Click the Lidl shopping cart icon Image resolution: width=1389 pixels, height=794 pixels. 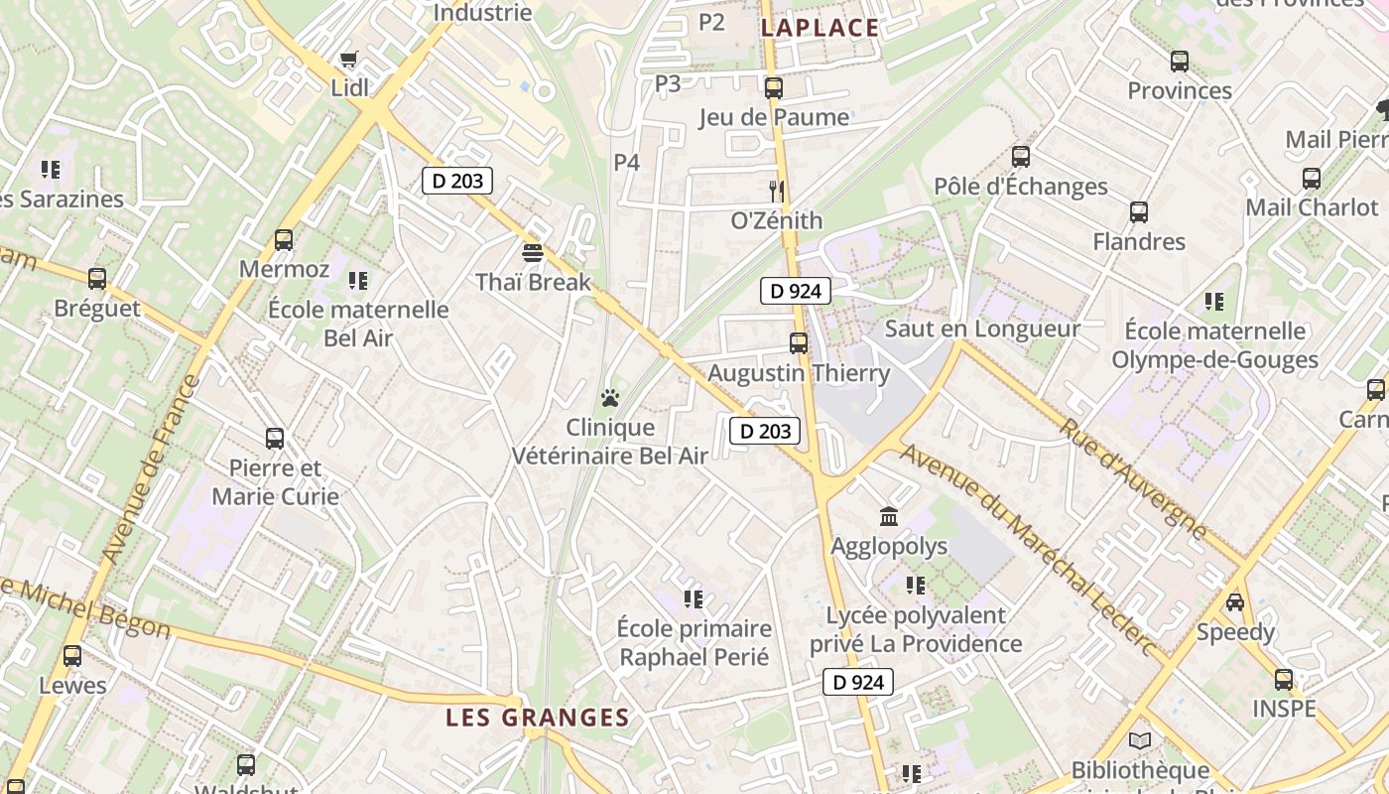click(x=348, y=61)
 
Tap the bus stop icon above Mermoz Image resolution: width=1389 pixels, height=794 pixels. click(x=284, y=239)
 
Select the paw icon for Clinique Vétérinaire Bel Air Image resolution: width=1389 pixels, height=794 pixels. click(x=610, y=399)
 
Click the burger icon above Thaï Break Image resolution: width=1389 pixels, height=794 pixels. click(x=533, y=253)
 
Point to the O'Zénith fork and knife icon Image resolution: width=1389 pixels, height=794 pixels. click(x=777, y=191)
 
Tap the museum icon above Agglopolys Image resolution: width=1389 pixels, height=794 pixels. click(x=889, y=516)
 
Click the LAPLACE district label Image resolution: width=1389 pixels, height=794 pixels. click(x=820, y=28)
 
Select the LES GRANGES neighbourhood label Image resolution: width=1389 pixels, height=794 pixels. click(x=537, y=717)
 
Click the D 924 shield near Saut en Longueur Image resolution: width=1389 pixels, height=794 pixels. click(x=795, y=291)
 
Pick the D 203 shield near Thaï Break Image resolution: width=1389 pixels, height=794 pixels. click(x=457, y=181)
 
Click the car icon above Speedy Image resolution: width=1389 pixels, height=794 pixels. click(x=1235, y=602)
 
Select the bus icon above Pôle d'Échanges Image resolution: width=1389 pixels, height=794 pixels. click(x=1020, y=157)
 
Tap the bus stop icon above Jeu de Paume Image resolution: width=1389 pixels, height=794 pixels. click(x=774, y=87)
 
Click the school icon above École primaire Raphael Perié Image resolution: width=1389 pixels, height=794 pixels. click(x=694, y=598)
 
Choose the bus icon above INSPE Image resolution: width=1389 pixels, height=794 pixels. click(x=1284, y=680)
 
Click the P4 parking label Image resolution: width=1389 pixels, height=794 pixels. click(x=626, y=162)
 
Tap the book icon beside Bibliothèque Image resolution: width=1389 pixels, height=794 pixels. click(x=1140, y=740)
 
